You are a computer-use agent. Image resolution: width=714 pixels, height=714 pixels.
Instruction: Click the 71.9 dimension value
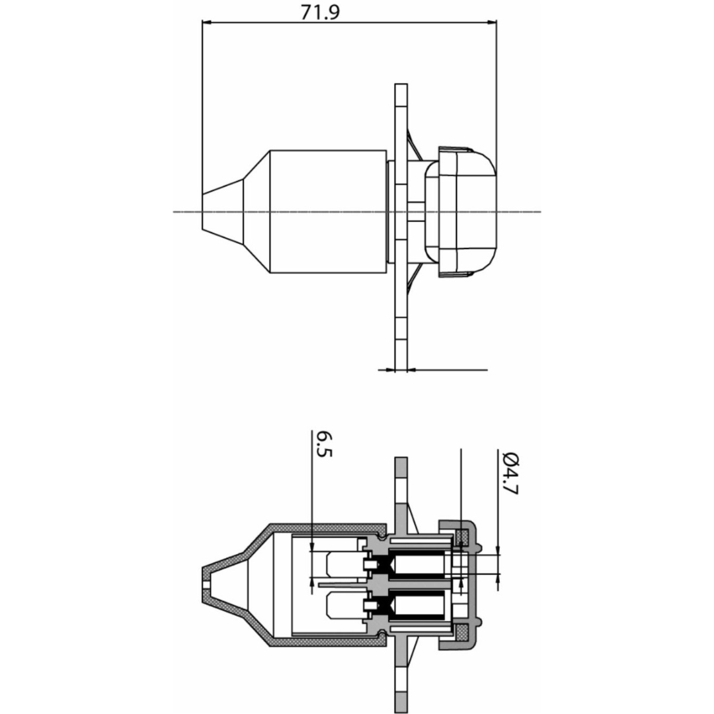320,13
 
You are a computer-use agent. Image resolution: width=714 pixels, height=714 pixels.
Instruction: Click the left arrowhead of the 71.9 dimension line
207,21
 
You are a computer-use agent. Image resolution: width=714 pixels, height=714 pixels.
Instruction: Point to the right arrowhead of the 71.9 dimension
492,21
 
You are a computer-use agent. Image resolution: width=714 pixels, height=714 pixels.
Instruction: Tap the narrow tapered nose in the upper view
223,212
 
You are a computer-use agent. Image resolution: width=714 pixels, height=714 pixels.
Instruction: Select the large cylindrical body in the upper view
329,212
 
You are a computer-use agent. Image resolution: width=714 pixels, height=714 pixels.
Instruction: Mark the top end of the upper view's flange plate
401,85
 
